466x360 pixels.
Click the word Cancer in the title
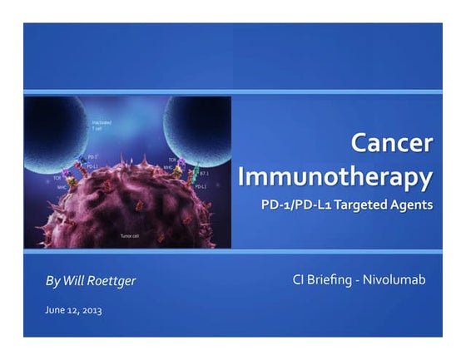(x=393, y=144)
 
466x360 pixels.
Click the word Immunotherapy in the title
(x=335, y=177)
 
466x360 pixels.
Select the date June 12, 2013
(x=74, y=310)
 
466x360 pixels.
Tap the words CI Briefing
(x=320, y=280)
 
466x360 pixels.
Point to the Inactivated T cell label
(x=102, y=127)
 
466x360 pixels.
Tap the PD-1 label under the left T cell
(x=92, y=156)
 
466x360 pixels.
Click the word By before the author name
(x=52, y=281)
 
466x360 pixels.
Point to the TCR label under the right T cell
(x=172, y=160)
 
